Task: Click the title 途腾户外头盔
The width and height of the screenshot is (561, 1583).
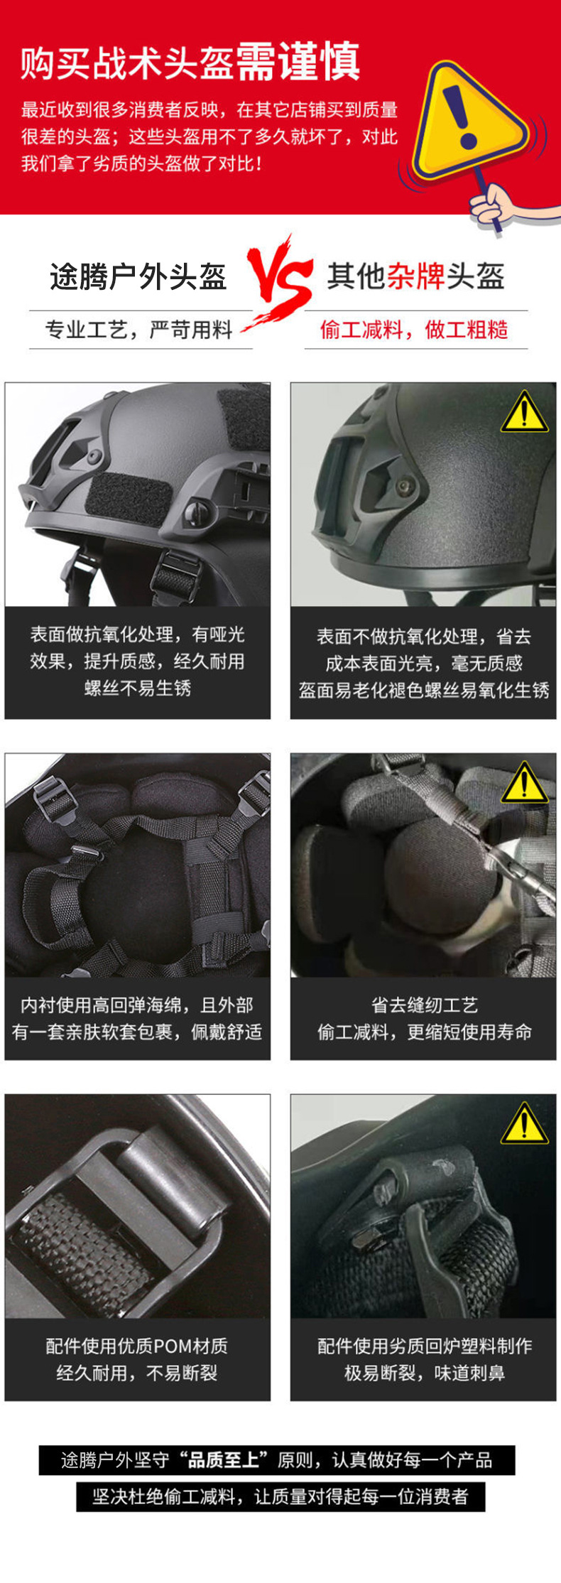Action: click(x=138, y=276)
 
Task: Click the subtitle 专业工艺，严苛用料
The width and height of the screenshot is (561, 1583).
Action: click(x=139, y=330)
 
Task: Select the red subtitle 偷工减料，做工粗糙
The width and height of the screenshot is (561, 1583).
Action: click(x=414, y=330)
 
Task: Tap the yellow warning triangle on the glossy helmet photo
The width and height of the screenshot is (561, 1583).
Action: click(x=524, y=412)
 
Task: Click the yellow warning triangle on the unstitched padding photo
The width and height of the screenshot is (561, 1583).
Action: click(x=524, y=783)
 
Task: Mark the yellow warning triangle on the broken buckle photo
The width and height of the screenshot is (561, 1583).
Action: click(x=524, y=1124)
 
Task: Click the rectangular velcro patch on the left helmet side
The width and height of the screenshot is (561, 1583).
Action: click(x=128, y=499)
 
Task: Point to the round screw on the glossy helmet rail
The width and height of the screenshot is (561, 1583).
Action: click(x=406, y=487)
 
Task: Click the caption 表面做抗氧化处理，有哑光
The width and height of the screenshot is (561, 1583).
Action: click(x=137, y=634)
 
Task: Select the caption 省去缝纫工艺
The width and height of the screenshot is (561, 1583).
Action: click(x=424, y=1005)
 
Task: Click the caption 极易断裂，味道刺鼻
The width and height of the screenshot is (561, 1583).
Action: click(x=424, y=1373)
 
